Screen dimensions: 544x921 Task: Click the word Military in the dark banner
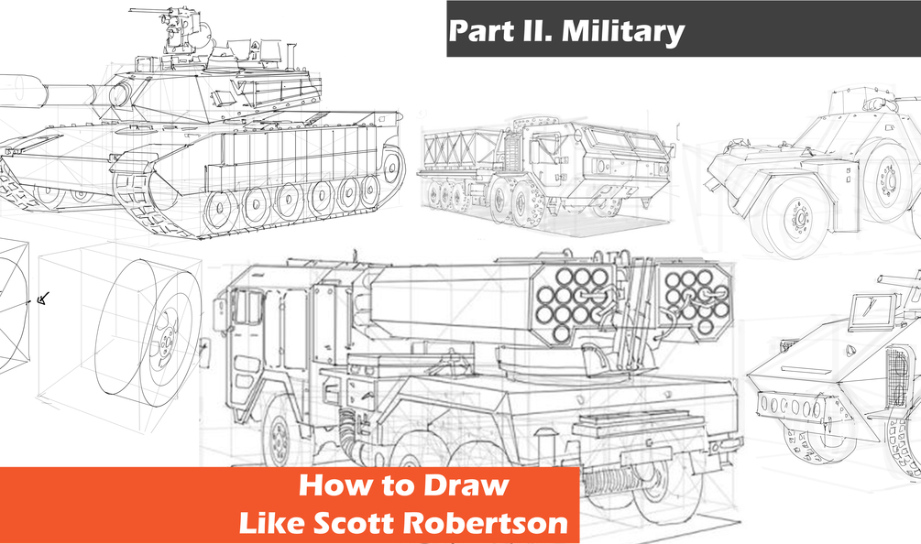click(622, 31)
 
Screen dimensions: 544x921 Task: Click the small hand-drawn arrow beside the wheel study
click(41, 297)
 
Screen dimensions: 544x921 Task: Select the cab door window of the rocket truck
click(247, 307)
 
